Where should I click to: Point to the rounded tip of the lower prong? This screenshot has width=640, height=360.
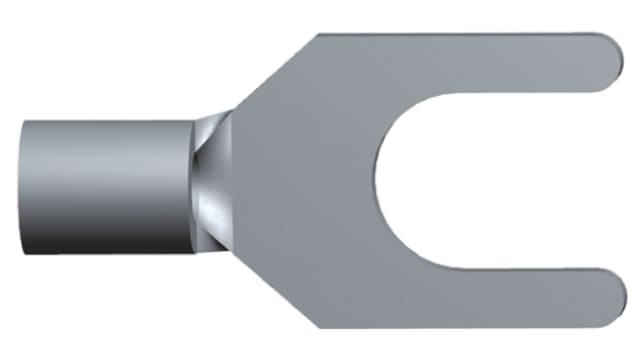point(612,298)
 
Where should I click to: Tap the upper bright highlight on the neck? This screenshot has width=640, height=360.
point(212,130)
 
